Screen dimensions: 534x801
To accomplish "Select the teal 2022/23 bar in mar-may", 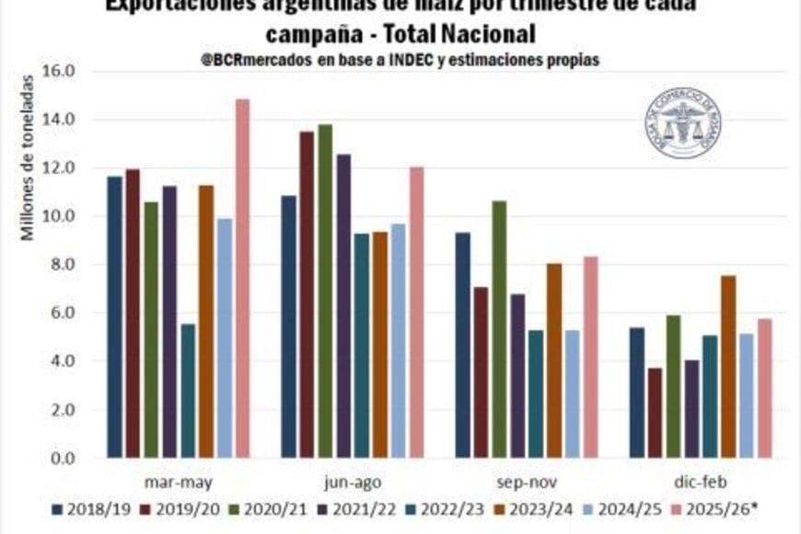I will click(x=188, y=390).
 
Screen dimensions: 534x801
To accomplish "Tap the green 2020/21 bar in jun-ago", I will click(x=325, y=291).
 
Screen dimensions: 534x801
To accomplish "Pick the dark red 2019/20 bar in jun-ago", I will click(x=307, y=295).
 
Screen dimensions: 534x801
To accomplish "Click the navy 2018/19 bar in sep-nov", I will click(x=462, y=344).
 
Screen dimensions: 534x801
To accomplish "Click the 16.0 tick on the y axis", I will click(x=73, y=71).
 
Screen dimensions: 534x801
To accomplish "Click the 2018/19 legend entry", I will click(x=89, y=507).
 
